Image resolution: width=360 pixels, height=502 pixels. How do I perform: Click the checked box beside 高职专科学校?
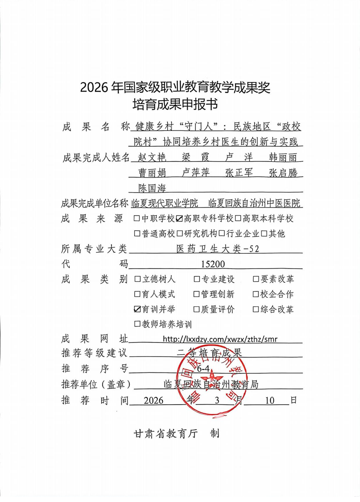179,219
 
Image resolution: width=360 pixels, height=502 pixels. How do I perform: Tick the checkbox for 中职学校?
137,219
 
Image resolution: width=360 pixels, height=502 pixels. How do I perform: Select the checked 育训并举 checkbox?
137,309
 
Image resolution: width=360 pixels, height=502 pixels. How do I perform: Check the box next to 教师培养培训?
137,324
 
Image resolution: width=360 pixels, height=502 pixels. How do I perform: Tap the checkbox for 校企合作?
256,294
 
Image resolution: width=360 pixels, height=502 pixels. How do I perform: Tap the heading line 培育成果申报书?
175,105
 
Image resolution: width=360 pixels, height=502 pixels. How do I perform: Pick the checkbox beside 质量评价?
197,309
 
